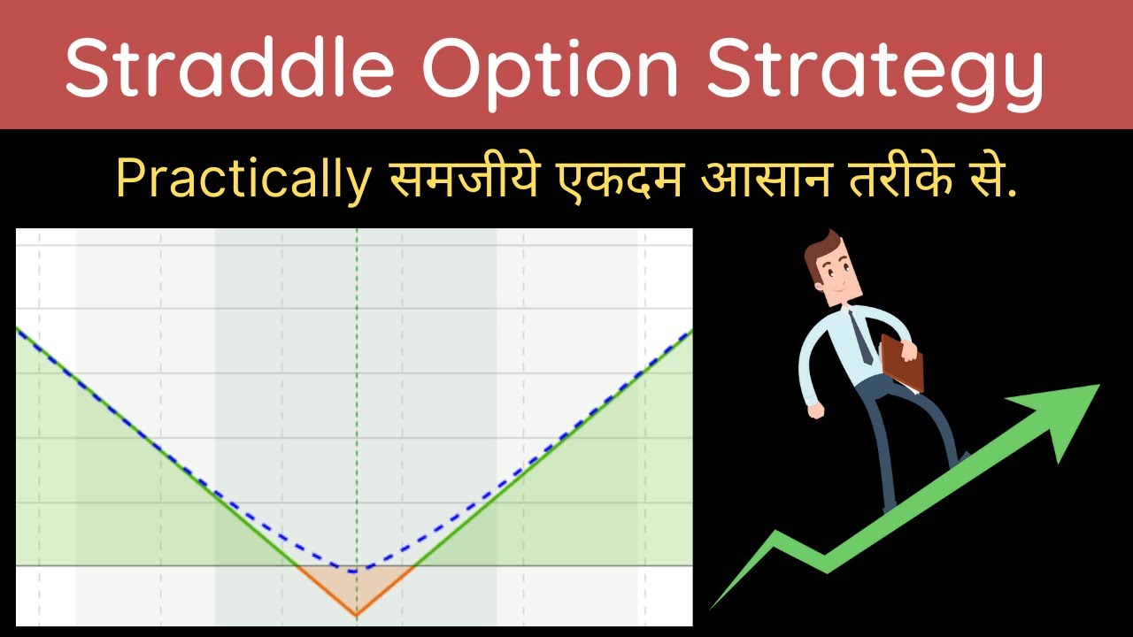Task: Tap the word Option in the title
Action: tap(537, 65)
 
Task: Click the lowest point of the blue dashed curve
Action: tap(356, 571)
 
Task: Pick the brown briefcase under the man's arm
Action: tap(901, 363)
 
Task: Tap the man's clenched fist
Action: tap(814, 411)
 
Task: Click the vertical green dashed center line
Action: tap(357, 398)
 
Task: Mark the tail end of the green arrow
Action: tap(713, 607)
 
